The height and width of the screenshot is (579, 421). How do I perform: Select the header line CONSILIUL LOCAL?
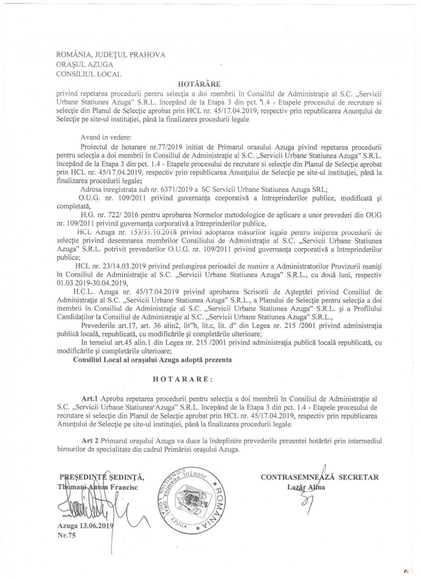pos(89,74)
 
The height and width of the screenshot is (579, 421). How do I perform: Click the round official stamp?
pos(188,494)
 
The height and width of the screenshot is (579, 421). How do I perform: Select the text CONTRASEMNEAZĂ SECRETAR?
pos(320,477)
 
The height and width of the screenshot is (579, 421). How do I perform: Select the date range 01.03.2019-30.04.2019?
pos(92,283)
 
